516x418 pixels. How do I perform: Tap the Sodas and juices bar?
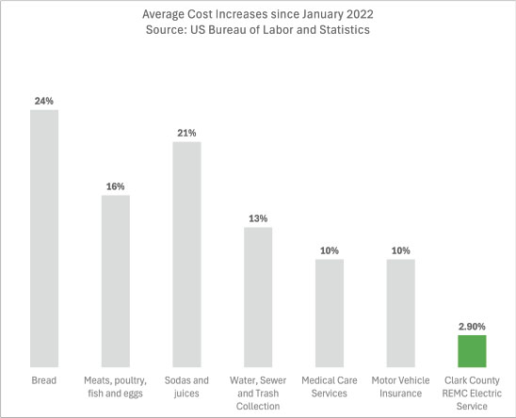tap(186, 254)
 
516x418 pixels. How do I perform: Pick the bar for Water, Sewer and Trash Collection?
tap(258, 297)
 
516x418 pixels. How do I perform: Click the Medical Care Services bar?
tap(329, 313)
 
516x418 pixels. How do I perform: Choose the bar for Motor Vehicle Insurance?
tap(400, 313)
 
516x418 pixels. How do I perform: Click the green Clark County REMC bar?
tap(471, 350)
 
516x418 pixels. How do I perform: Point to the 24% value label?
tap(44, 99)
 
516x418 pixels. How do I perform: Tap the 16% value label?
tap(116, 185)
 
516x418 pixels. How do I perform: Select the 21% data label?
tap(186, 133)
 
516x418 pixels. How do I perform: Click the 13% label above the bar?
tap(258, 217)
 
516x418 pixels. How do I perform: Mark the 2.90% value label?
tap(471, 325)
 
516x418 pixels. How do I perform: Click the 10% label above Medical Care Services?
tap(329, 249)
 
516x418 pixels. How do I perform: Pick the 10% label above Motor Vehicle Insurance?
tap(400, 249)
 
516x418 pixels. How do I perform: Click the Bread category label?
tap(44, 380)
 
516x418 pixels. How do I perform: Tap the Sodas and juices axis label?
tap(186, 386)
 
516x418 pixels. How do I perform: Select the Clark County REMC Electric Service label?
tap(471, 393)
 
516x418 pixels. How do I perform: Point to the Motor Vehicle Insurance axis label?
tap(400, 386)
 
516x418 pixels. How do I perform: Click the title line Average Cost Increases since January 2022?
tap(258, 15)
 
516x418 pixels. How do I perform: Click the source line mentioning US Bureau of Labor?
tap(258, 31)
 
